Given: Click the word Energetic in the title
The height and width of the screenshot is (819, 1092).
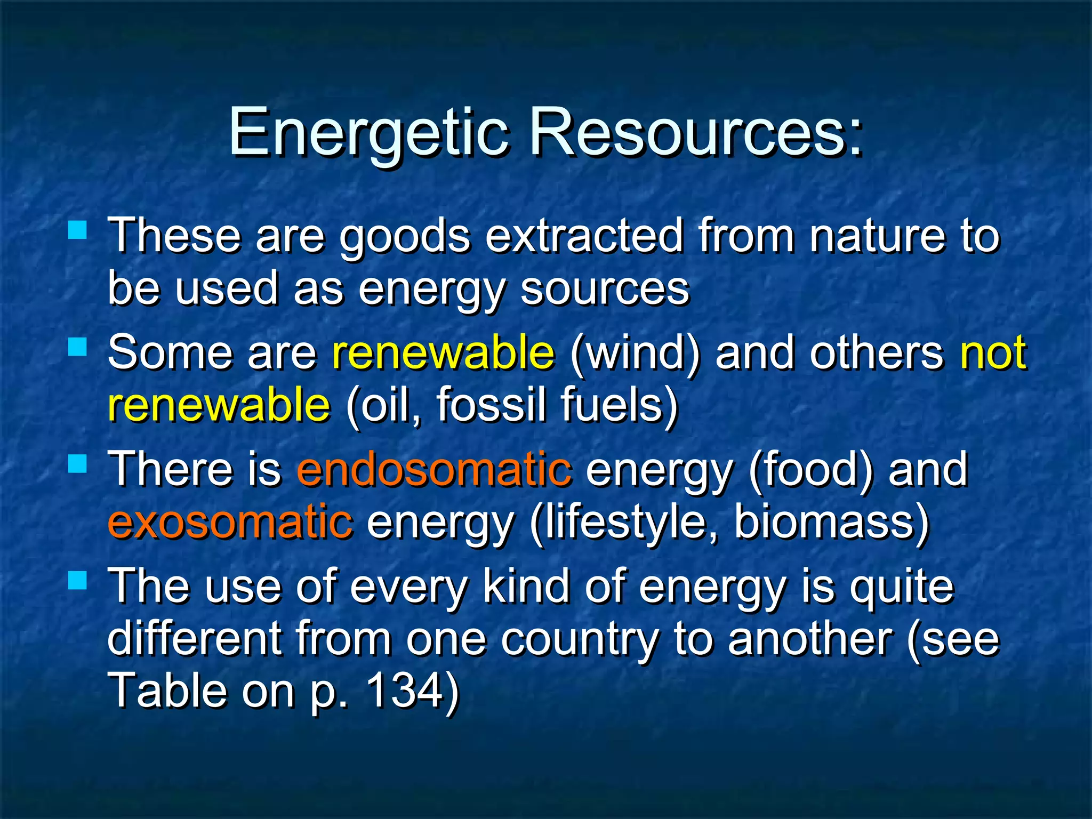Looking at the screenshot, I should click(368, 133).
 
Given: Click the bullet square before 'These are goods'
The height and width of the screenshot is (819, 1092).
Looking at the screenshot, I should click(78, 230).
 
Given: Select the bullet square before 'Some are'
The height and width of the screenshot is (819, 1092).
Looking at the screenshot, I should click(78, 347).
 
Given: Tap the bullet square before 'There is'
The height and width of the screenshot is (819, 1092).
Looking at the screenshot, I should click(78, 464).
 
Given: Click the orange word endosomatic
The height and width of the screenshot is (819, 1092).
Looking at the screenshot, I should click(435, 469).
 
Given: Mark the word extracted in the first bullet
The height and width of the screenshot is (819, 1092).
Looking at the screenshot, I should click(584, 236).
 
